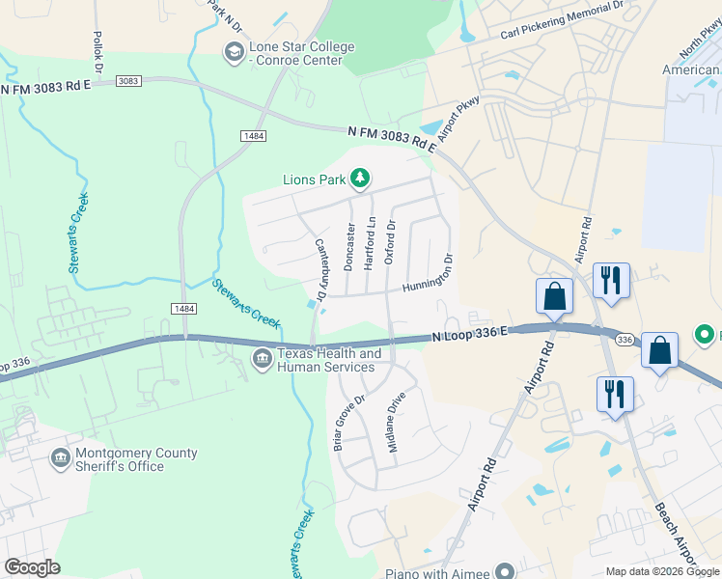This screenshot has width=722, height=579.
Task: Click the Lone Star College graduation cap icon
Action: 234,52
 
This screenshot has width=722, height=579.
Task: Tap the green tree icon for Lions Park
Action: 360,179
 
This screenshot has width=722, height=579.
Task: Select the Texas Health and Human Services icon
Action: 263,360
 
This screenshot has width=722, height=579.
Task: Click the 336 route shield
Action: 625,339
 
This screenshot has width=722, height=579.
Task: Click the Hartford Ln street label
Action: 370,242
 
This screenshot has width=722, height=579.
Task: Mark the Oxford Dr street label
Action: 390,242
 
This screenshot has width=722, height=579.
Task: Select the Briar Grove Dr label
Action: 348,422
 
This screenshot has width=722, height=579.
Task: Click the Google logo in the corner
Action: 32,567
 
